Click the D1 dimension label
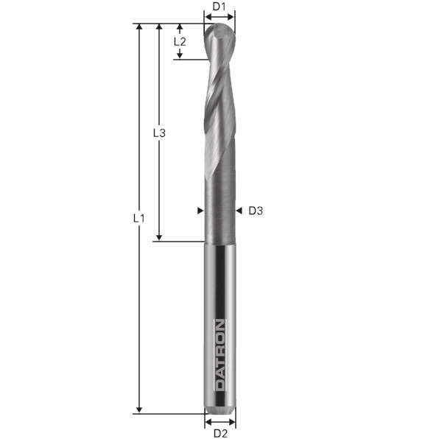click(x=219, y=7)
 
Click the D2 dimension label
click(x=219, y=433)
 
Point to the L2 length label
click(x=180, y=42)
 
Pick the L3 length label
click(x=158, y=133)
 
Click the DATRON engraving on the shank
click(x=219, y=354)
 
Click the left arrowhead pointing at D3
click(x=200, y=211)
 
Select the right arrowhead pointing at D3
click(x=239, y=211)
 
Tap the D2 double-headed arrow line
click(x=219, y=422)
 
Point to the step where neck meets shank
click(x=219, y=241)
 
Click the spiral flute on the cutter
click(x=217, y=110)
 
